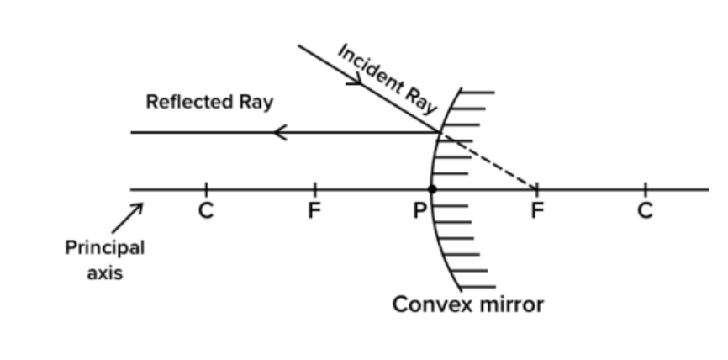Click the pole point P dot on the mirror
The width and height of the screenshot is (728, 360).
432,189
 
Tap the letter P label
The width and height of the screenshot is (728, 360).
419,210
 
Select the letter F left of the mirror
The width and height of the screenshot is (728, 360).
314,210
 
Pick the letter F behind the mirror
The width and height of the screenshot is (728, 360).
537,210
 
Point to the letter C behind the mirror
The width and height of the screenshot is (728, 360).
645,210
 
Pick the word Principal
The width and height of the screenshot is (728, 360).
105,248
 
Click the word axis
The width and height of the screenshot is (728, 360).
105,273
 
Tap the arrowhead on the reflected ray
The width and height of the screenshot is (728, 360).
280,132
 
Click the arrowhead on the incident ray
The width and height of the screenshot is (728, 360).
356,81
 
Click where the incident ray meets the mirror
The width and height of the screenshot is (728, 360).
440,132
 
